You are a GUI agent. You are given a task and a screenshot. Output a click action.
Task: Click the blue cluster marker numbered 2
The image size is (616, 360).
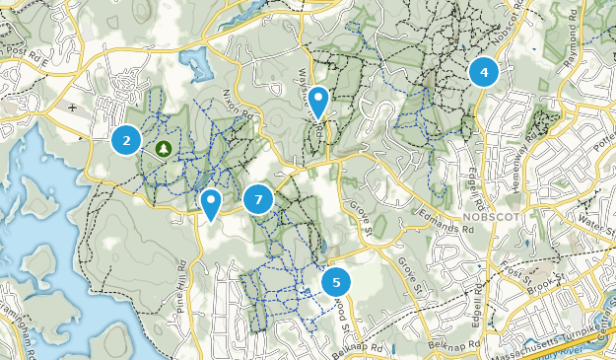125,140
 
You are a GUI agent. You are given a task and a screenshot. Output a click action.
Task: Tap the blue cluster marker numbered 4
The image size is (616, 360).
484,72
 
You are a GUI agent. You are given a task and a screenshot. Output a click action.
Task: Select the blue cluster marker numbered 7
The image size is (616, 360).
258,199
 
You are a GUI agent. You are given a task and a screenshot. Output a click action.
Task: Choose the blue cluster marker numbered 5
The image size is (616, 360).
336,282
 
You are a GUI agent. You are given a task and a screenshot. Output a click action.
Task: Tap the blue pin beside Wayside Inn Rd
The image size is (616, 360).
319,100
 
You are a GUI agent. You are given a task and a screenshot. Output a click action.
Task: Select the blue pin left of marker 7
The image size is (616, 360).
210,202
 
